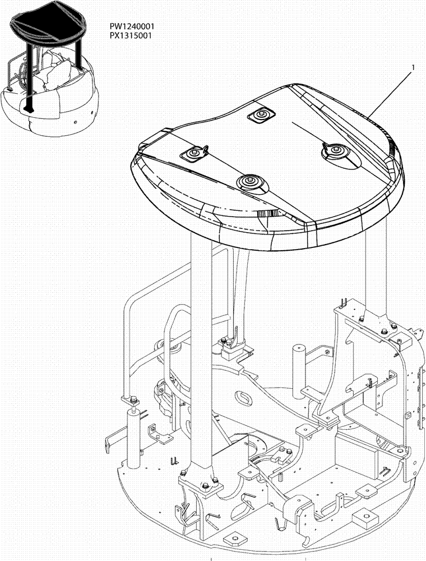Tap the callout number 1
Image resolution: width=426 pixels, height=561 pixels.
point(413,67)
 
